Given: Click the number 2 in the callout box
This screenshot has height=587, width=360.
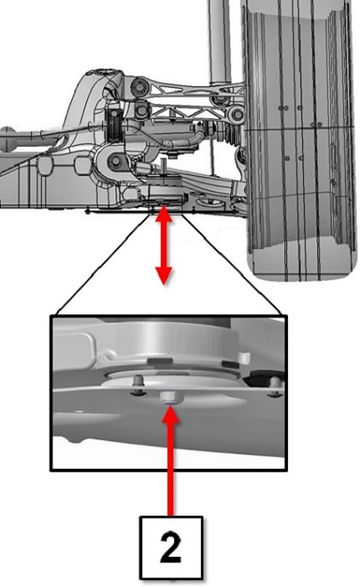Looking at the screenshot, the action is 171,547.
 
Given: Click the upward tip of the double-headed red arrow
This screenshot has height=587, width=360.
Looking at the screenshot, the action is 164,208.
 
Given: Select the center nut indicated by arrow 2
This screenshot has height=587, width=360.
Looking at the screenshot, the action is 169,398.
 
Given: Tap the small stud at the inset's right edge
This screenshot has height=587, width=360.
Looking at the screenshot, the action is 276,386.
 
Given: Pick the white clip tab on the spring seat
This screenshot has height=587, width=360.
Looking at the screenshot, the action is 244,358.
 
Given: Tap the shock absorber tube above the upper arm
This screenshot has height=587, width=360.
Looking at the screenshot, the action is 220,41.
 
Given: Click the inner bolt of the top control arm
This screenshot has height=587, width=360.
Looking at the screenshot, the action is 140,88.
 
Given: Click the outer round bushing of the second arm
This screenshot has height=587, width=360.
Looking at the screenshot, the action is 236,114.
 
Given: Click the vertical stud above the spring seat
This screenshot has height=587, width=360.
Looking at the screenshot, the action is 164,166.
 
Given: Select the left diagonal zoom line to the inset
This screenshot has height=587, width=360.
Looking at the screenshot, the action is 103,263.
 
